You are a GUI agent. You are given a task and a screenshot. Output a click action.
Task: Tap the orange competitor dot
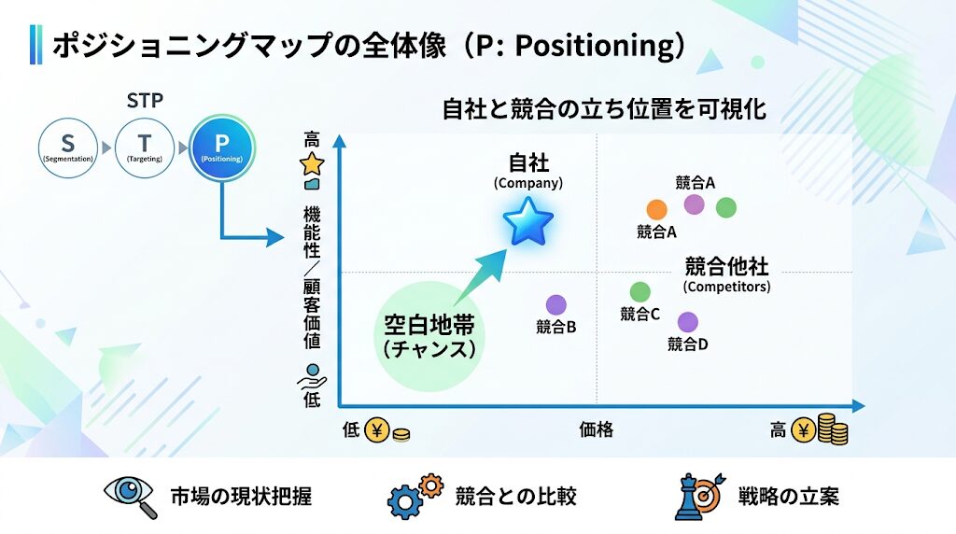click(x=657, y=210)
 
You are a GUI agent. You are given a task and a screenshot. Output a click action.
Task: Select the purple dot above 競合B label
click(x=556, y=304)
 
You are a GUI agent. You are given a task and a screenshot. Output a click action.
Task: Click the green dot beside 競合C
click(x=640, y=292)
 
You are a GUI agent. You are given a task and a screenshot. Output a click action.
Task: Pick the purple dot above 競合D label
click(x=688, y=322)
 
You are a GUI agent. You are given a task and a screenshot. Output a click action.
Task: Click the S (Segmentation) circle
click(x=67, y=148)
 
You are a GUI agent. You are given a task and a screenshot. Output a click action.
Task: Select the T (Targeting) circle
click(x=144, y=148)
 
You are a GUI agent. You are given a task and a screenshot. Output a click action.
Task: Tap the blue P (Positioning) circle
click(x=221, y=148)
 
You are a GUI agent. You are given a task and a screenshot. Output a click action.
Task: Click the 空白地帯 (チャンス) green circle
click(x=429, y=337)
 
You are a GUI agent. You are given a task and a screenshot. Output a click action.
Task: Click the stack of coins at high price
click(x=833, y=429)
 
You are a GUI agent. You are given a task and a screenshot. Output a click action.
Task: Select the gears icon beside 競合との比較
click(x=415, y=496)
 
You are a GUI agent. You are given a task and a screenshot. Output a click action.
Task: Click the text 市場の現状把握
click(x=241, y=496)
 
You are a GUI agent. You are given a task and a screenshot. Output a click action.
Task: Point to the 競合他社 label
click(x=726, y=266)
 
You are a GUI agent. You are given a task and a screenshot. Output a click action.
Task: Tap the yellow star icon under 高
click(x=311, y=164)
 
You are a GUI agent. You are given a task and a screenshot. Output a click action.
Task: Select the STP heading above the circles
click(x=145, y=100)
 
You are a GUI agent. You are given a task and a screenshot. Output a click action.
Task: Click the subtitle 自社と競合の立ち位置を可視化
click(x=604, y=109)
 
